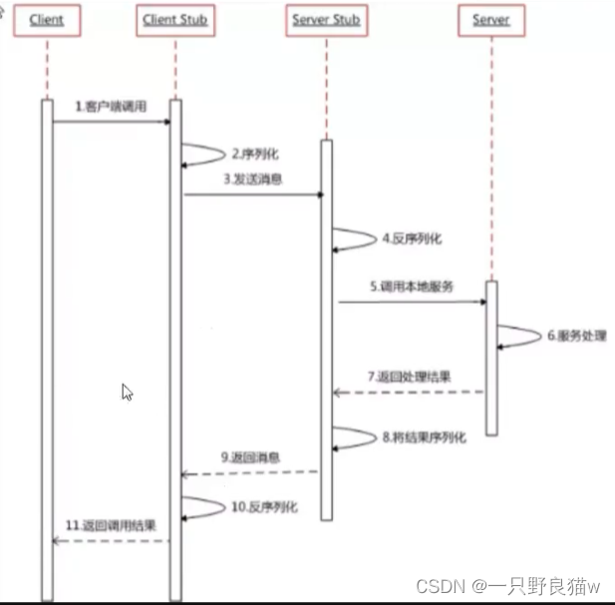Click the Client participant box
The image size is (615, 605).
point(47,20)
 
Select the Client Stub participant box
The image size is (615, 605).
point(175,20)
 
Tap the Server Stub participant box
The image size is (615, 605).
point(326,20)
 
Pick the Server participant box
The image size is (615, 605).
point(490,20)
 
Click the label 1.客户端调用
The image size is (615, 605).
point(111,107)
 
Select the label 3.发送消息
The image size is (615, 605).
point(253,178)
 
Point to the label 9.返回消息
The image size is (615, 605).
point(250,457)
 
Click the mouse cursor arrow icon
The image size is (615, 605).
point(127,392)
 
